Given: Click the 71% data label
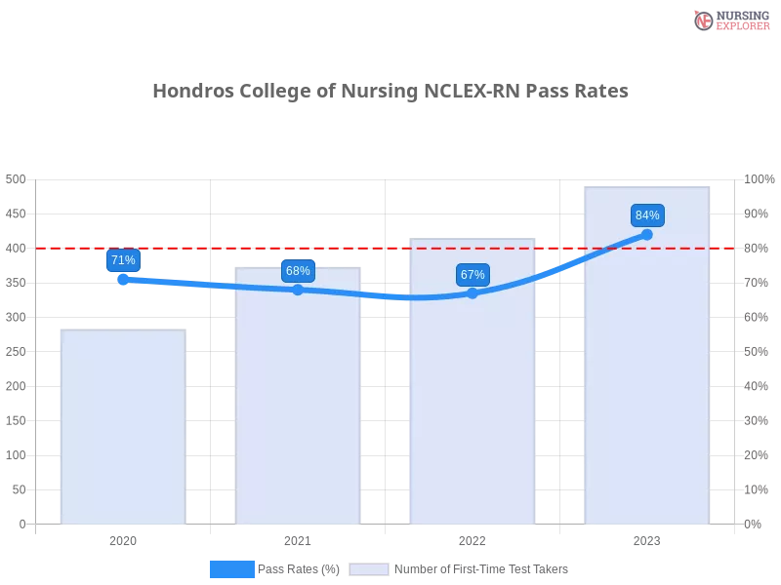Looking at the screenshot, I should [x=123, y=260].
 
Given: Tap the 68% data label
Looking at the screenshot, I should [x=298, y=271].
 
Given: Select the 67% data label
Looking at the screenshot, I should [x=473, y=275].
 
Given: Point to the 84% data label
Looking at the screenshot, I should [x=647, y=215].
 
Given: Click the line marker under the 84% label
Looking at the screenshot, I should [x=646, y=234].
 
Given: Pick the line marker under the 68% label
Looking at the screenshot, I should [x=298, y=290].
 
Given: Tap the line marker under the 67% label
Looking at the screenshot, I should [x=473, y=292].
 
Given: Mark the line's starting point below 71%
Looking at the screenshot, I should [x=123, y=279].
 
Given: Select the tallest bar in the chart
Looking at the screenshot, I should [x=644, y=390].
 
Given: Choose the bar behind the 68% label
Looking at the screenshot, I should [x=300, y=409].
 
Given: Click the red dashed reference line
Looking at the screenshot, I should [x=390, y=248].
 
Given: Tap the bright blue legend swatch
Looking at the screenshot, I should [x=231, y=569].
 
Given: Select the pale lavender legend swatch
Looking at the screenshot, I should [x=369, y=569].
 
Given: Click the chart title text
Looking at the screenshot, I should [x=390, y=91].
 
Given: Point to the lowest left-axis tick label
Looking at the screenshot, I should [x=21, y=524].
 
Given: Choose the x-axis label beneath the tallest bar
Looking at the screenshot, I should [x=646, y=539].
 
